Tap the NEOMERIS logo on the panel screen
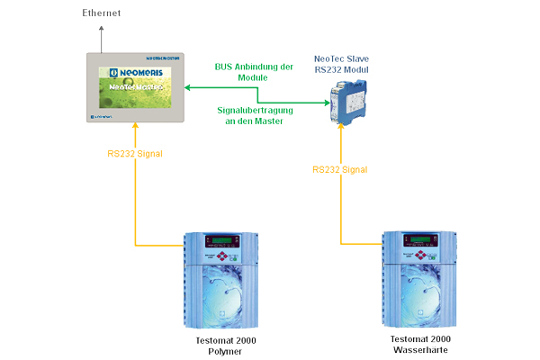(x=132, y=68)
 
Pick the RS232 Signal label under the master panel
(x=135, y=154)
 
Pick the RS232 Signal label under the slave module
(x=341, y=168)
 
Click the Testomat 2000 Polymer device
(x=220, y=282)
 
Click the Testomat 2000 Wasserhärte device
(x=422, y=281)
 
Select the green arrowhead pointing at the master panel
(x=186, y=87)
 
